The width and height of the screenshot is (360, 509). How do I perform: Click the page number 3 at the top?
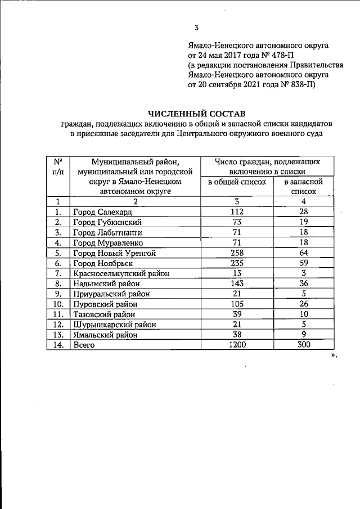pyautogui.click(x=196, y=28)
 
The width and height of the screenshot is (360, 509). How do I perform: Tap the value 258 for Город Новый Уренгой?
pyautogui.click(x=236, y=253)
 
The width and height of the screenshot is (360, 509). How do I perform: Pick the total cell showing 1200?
pyautogui.click(x=236, y=345)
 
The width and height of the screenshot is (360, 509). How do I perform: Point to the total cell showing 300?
pyautogui.click(x=303, y=345)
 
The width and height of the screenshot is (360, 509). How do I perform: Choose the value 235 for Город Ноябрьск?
pyautogui.click(x=236, y=263)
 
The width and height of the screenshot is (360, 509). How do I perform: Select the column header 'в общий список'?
pyautogui.click(x=236, y=182)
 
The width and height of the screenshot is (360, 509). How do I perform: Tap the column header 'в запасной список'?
pyautogui.click(x=303, y=187)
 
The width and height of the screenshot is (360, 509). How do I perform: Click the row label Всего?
pyautogui.click(x=84, y=346)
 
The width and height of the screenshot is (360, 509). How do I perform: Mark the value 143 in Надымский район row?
pyautogui.click(x=236, y=283)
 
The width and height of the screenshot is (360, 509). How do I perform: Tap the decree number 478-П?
pyautogui.click(x=280, y=56)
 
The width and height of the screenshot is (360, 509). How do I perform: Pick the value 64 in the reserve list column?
pyautogui.click(x=303, y=253)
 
